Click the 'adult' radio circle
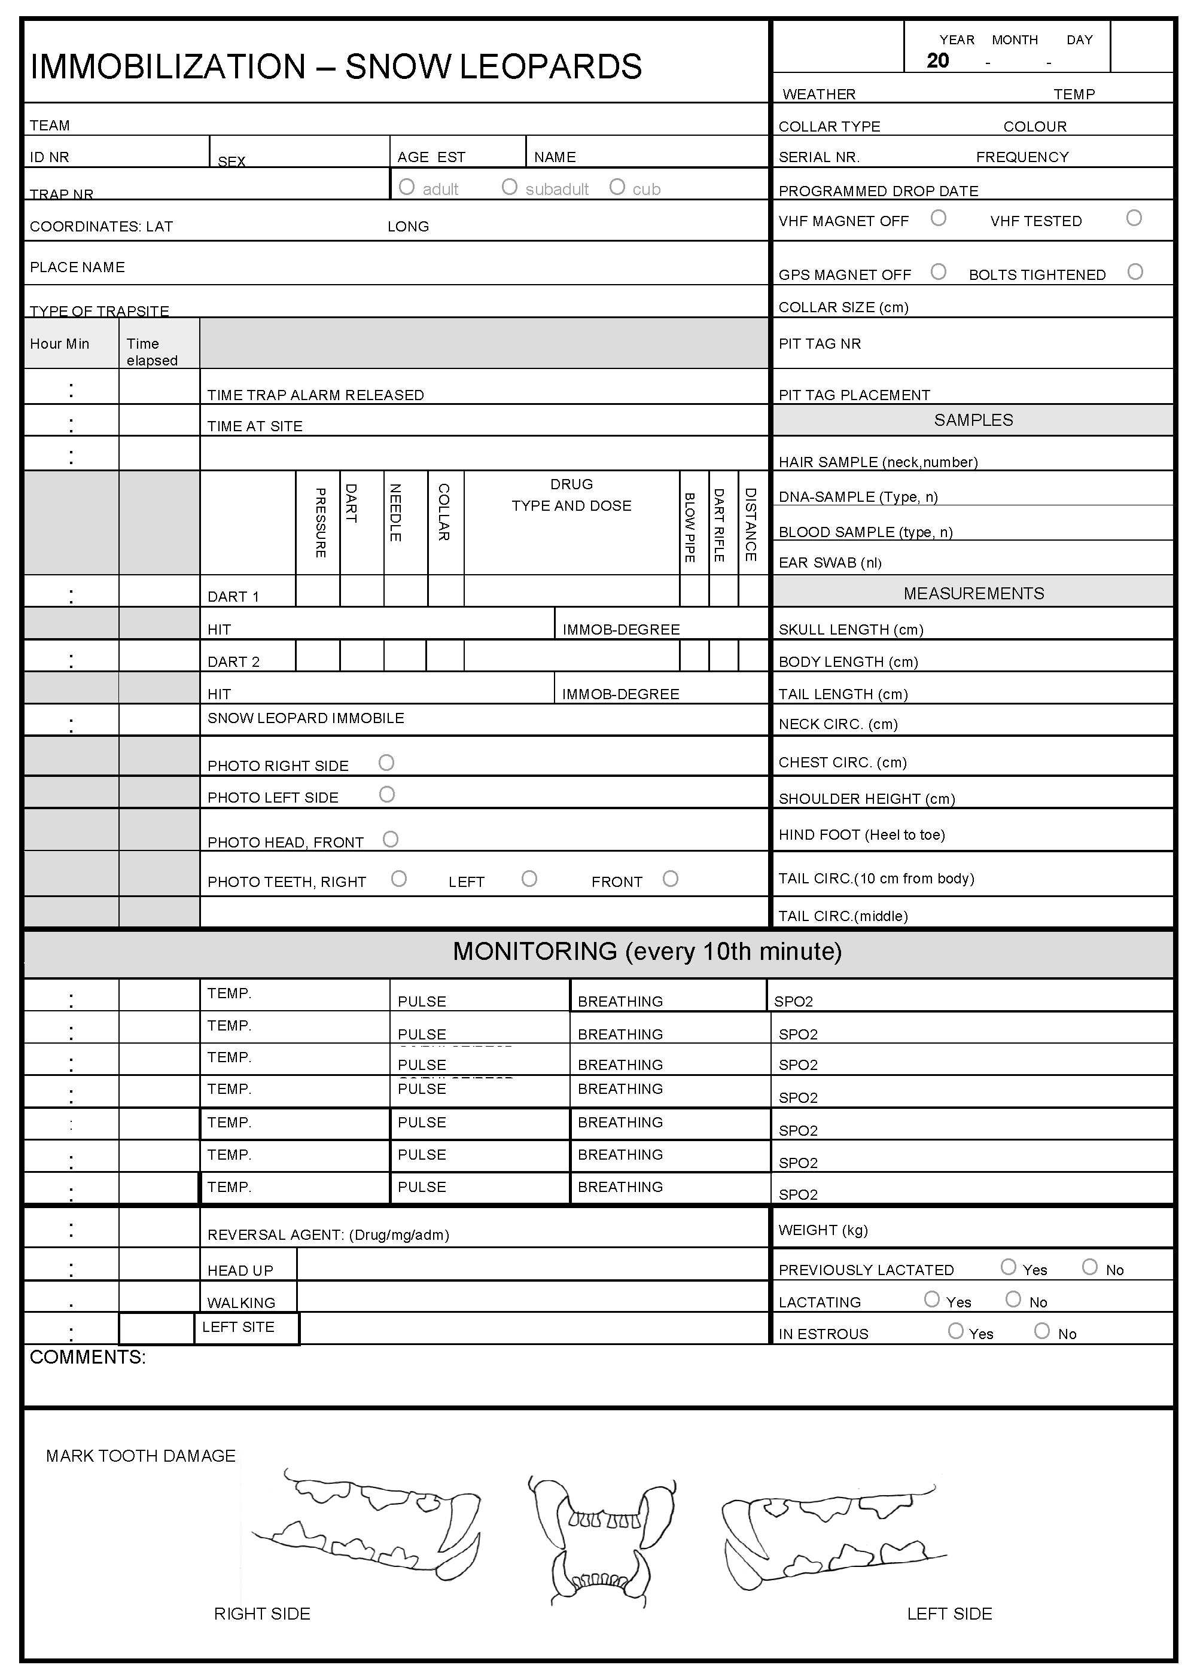tap(406, 187)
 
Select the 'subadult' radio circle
tap(509, 187)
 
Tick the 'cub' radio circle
tap(617, 187)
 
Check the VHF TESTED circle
tap(1134, 218)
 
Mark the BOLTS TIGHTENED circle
tap(1135, 272)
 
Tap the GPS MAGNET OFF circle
tap(939, 272)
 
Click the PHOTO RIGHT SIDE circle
tap(386, 763)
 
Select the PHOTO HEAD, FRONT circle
tap(391, 839)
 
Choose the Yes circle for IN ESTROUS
tap(956, 1331)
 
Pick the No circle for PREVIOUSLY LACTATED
tap(1090, 1267)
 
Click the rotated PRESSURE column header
tap(321, 522)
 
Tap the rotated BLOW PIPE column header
tap(690, 528)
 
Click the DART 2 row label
tap(234, 661)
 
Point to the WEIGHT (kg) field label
tap(823, 1230)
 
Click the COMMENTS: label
tap(88, 1357)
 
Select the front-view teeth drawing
tap(600, 1540)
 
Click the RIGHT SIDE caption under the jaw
tap(261, 1614)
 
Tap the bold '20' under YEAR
tap(937, 61)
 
